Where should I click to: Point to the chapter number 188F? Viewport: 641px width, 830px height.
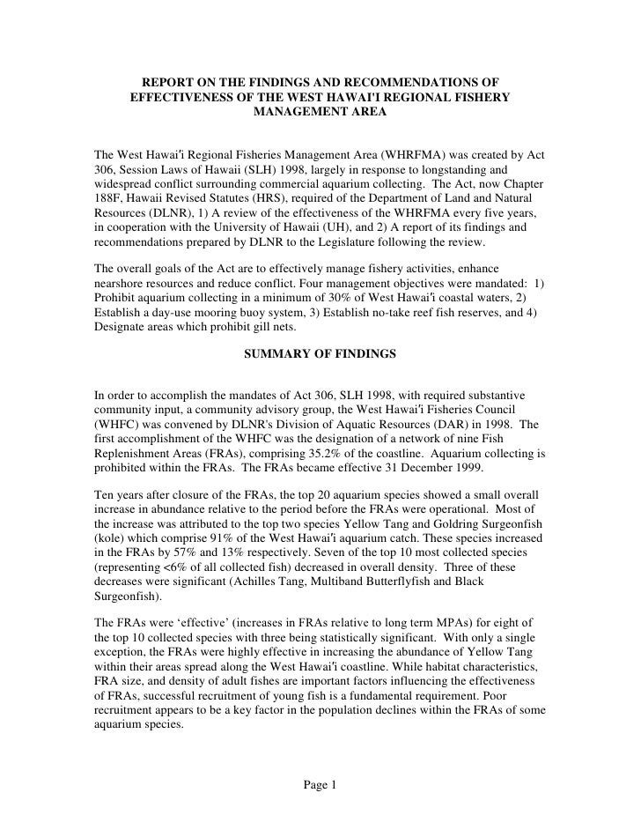(112, 203)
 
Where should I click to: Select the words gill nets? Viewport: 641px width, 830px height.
(297, 322)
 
